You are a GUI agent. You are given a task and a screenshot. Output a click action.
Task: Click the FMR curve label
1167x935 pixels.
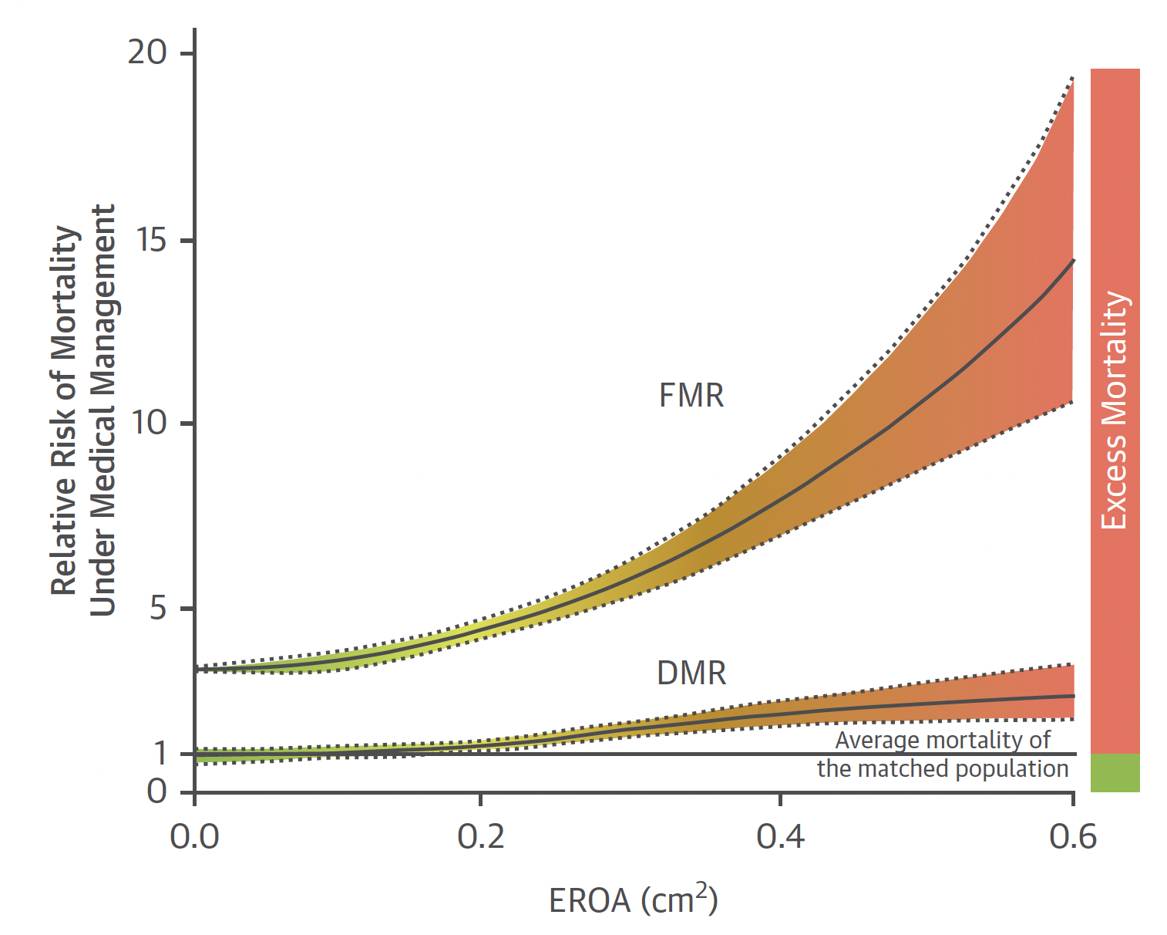click(x=691, y=396)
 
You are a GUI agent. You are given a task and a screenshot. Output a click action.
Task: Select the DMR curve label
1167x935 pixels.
click(x=691, y=673)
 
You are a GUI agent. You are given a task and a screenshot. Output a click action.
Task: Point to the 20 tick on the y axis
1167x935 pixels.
click(x=147, y=52)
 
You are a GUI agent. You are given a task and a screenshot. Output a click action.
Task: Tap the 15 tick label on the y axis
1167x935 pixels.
click(x=150, y=240)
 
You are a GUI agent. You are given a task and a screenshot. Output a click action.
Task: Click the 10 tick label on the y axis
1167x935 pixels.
click(x=149, y=423)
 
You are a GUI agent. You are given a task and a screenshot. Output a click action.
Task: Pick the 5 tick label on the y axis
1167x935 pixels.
click(x=158, y=608)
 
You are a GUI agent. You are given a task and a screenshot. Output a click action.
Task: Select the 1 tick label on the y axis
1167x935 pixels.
click(x=160, y=753)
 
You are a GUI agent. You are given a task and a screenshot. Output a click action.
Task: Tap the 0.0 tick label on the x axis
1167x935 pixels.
click(x=194, y=837)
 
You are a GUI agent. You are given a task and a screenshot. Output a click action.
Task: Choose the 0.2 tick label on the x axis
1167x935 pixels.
click(x=480, y=837)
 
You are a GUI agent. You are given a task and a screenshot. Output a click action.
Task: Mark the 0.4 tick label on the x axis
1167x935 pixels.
click(x=780, y=837)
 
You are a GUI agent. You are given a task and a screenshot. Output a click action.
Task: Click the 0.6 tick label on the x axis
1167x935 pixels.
click(x=1072, y=837)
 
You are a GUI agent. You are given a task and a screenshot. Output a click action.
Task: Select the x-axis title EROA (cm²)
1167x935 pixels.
click(x=633, y=900)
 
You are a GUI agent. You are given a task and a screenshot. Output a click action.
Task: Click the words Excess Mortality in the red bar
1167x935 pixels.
click(x=1115, y=410)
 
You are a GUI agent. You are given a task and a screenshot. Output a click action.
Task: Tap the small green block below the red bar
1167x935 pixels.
click(x=1115, y=773)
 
